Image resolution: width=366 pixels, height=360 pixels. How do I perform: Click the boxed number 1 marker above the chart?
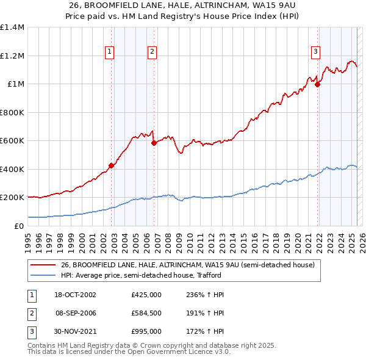[x=109, y=52]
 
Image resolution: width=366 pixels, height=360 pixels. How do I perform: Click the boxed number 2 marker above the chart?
[x=151, y=52]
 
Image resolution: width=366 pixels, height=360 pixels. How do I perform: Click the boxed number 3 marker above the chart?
[x=316, y=52]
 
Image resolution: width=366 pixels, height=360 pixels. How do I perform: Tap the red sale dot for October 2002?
[x=112, y=165]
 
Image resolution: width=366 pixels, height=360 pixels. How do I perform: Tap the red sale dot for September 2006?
[x=154, y=143]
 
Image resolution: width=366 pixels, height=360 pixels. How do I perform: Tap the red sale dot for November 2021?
[x=318, y=85]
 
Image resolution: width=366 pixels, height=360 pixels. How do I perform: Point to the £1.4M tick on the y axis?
[x=12, y=27]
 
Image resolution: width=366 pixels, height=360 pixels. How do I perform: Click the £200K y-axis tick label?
[x=12, y=198]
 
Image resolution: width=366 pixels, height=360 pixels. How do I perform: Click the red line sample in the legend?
[x=43, y=265]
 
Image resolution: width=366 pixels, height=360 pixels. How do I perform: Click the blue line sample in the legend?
[x=43, y=275]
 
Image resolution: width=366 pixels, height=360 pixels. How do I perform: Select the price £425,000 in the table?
[x=146, y=295]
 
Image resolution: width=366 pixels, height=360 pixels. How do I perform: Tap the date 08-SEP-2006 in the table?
[x=76, y=313]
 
